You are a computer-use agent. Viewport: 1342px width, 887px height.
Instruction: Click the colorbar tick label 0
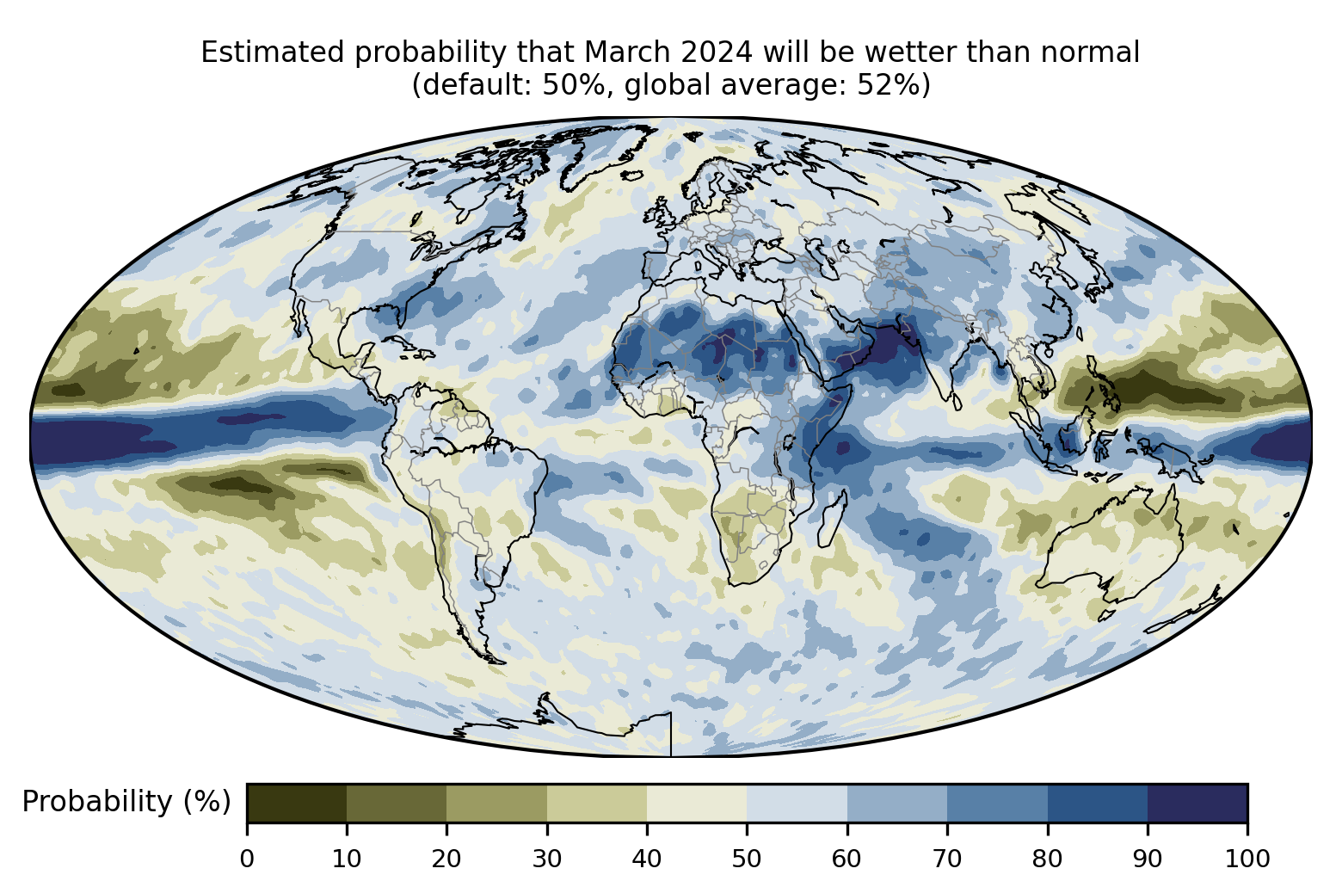point(247,859)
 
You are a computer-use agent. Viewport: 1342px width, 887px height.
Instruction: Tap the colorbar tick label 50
point(747,859)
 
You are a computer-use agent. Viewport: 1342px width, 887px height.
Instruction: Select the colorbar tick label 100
point(1247,859)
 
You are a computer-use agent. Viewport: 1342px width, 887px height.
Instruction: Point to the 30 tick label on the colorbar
point(547,859)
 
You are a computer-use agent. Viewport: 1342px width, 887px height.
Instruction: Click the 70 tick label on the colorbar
point(947,859)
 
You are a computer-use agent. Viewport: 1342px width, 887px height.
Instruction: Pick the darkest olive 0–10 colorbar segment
point(297,803)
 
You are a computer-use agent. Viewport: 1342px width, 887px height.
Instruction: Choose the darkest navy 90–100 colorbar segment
point(1197,803)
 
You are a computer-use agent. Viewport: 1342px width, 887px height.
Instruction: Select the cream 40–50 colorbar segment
point(697,803)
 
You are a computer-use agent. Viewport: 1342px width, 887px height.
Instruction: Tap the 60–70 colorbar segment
point(897,803)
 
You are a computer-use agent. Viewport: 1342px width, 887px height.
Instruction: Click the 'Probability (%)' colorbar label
point(126,802)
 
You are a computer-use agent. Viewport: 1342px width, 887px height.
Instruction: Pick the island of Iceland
point(632,176)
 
